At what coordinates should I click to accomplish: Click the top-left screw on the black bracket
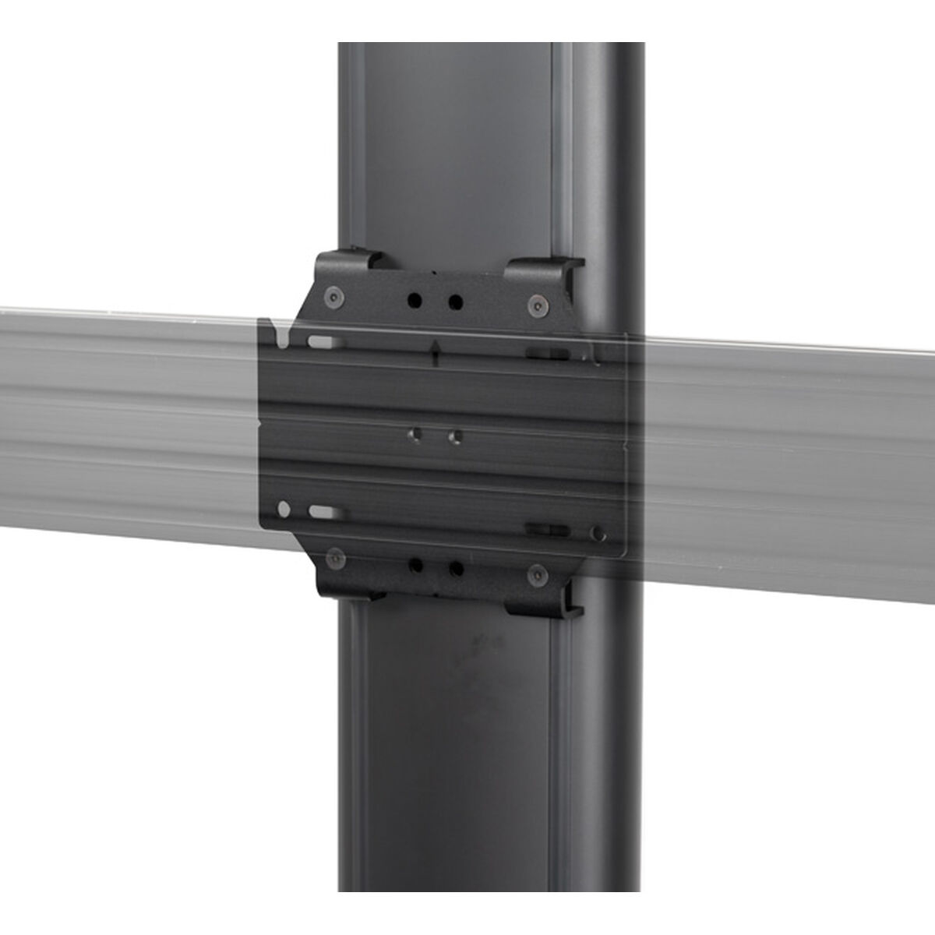tap(334, 297)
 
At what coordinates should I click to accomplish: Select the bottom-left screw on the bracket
tap(336, 559)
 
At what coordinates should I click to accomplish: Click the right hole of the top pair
tap(455, 301)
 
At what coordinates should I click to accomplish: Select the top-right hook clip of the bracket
tap(543, 269)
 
